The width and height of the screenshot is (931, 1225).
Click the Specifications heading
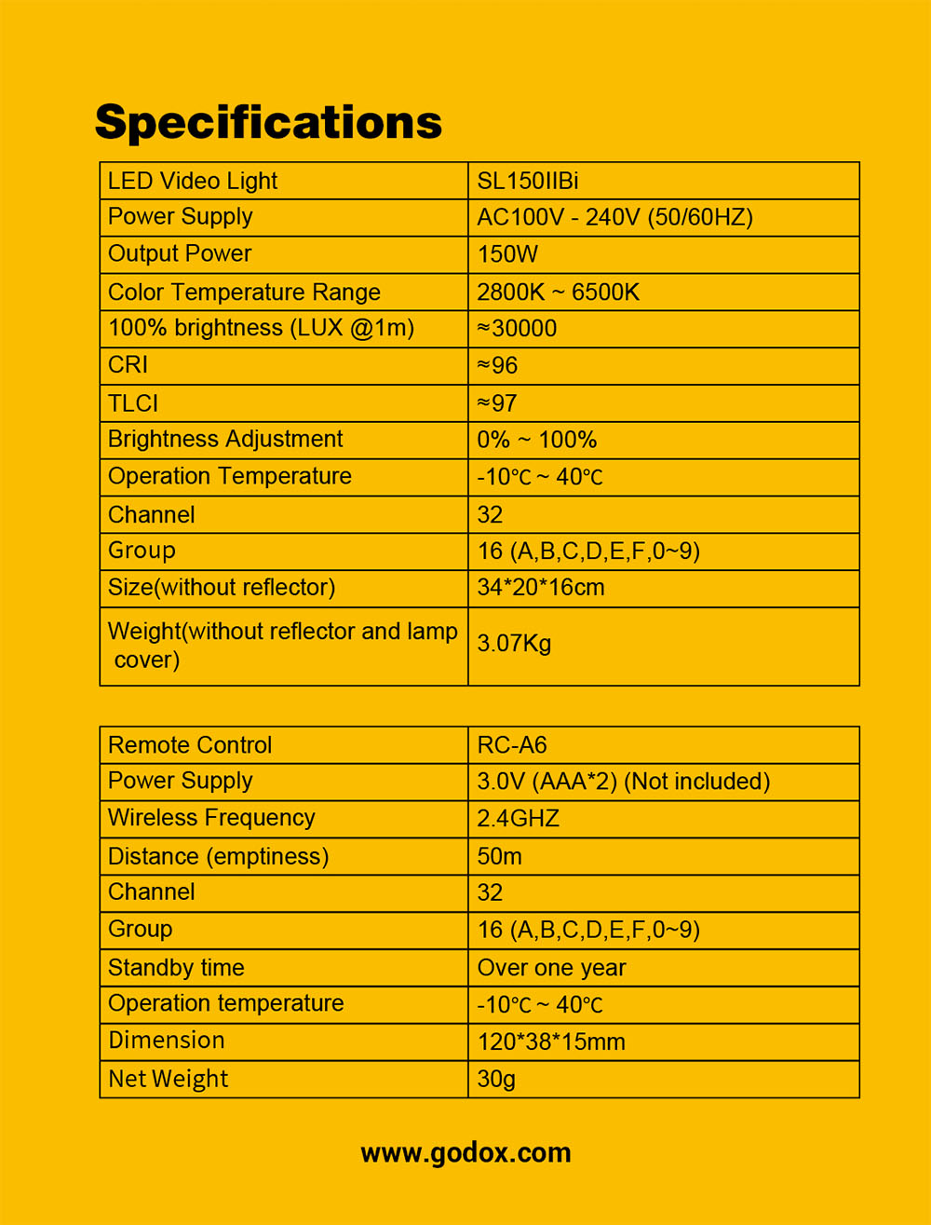268,122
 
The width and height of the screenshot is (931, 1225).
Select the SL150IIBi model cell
529,181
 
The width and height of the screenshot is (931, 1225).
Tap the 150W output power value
507,254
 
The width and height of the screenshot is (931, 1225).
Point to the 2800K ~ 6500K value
558,292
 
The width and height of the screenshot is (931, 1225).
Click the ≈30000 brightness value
517,328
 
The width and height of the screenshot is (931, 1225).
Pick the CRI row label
128,365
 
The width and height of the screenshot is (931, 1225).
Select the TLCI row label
133,402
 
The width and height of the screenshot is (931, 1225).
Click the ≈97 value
497,402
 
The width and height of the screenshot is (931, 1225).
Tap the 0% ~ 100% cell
536,440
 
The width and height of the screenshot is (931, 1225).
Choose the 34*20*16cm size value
540,588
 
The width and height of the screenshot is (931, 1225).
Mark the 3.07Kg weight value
514,644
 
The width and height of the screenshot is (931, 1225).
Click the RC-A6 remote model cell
512,744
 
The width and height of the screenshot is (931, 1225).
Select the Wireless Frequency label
211,818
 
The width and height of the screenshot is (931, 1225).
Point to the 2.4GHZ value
518,819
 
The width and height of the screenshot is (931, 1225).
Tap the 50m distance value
499,856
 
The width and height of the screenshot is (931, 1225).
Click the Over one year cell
551,968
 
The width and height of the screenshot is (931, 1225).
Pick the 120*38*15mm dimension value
551,1041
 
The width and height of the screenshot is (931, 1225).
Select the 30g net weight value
496,1079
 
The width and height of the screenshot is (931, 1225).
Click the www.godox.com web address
465,1153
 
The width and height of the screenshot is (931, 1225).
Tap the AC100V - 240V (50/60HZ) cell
614,217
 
